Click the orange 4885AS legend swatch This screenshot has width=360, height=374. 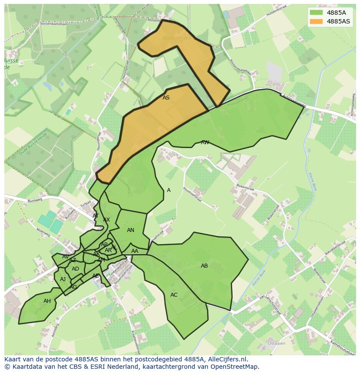pyautogui.click(x=317, y=21)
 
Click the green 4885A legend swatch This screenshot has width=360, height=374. pyautogui.click(x=317, y=13)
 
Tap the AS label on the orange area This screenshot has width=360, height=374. pyautogui.click(x=166, y=98)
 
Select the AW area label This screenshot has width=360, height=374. pyautogui.click(x=205, y=142)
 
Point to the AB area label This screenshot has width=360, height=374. pyautogui.click(x=204, y=266)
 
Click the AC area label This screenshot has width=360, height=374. pyautogui.click(x=174, y=295)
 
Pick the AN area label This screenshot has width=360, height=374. pyautogui.click(x=130, y=230)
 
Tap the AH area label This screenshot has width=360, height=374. pyautogui.click(x=47, y=301)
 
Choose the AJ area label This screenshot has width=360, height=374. pyautogui.click(x=63, y=279)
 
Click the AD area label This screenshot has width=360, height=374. pyautogui.click(x=75, y=269)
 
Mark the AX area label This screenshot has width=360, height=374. pyautogui.click(x=107, y=220)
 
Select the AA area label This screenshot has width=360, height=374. pyautogui.click(x=135, y=251)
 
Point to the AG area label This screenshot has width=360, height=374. pyautogui.click(x=73, y=287)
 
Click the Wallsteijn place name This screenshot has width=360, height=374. pyautogui.click(x=174, y=38)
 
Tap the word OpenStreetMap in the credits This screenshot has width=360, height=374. pyautogui.click(x=235, y=367)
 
